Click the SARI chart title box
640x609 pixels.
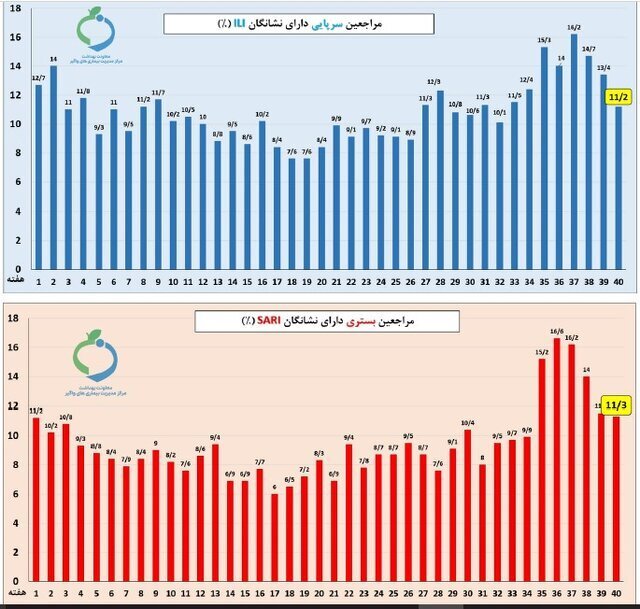(x=327, y=320)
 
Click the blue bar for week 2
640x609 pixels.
(x=53, y=167)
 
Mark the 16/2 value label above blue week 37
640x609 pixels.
(x=573, y=28)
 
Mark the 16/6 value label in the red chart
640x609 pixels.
(x=557, y=331)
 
